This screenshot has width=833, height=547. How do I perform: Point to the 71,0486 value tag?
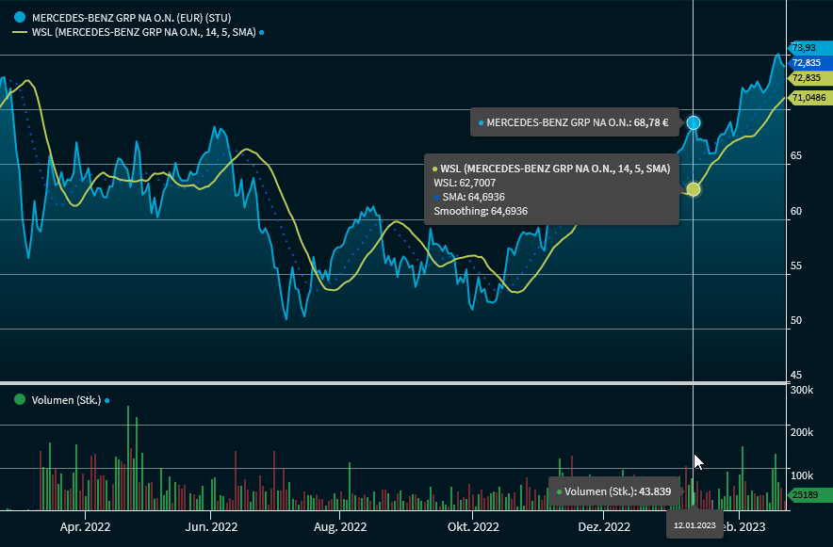click(x=808, y=97)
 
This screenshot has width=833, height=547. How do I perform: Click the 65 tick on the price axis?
click(x=796, y=155)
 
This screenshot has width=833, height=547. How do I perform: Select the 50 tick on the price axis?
click(x=796, y=320)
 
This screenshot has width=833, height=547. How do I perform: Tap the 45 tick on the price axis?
click(x=796, y=375)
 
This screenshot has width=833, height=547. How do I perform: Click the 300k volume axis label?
click(x=802, y=389)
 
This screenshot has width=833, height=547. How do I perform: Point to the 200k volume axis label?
click(x=802, y=432)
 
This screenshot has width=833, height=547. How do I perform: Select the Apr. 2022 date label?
click(x=85, y=527)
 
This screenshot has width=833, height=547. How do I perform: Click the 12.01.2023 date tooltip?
click(x=694, y=524)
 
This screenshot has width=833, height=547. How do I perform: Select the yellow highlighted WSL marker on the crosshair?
click(x=694, y=189)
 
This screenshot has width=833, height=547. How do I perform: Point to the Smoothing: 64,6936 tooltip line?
click(x=481, y=211)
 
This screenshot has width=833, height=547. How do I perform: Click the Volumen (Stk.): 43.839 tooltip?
click(x=613, y=491)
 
